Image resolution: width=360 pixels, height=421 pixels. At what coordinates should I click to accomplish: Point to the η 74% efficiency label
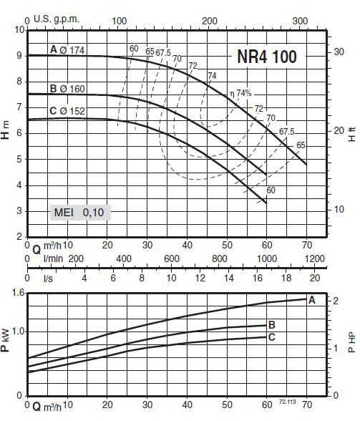coord(242,94)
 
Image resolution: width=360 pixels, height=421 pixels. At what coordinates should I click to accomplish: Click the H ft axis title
coord(351,130)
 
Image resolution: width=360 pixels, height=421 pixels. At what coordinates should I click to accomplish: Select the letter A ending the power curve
coord(311,301)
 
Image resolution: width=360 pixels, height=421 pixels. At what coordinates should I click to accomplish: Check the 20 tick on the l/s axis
coord(314,277)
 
